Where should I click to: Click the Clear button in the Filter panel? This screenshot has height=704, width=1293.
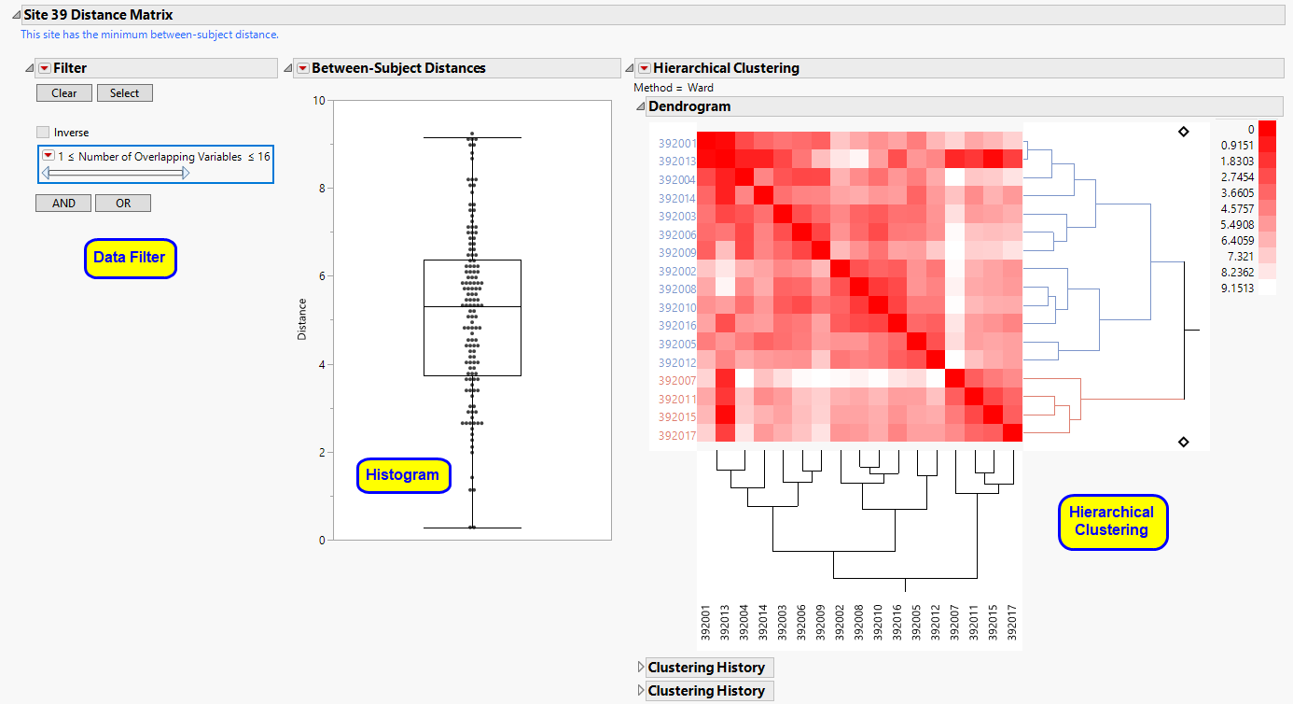[x=64, y=93]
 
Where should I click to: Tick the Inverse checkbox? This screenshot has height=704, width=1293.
[x=43, y=133]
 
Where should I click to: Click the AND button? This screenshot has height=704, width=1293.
[x=63, y=204]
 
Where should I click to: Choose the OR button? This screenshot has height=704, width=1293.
[x=123, y=204]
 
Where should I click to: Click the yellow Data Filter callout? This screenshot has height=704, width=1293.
[x=130, y=259]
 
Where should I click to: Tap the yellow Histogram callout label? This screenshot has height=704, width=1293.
[x=402, y=475]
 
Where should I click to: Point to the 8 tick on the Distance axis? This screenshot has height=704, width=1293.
[x=317, y=189]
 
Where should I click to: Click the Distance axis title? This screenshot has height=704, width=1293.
[x=302, y=319]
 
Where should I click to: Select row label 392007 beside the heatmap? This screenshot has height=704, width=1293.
[x=676, y=381]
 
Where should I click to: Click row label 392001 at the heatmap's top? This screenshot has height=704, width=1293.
[x=676, y=144]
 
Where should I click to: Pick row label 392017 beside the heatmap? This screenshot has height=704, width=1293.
[x=676, y=436]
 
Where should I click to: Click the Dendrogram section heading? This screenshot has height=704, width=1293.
[x=689, y=106]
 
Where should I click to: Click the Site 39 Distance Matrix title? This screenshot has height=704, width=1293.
[x=98, y=15]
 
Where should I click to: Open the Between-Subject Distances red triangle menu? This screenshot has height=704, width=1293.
[x=302, y=68]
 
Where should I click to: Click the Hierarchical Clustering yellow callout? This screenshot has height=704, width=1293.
[x=1111, y=521]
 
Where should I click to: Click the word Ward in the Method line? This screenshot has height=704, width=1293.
[x=701, y=88]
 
